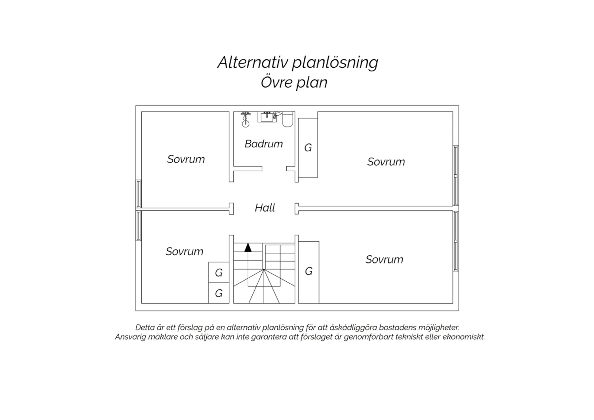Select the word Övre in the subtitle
(x=276, y=82)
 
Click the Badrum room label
(x=264, y=144)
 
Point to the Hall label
(x=265, y=208)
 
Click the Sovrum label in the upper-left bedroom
(x=186, y=159)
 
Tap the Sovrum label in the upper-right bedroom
(x=386, y=162)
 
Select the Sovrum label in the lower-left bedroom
(x=185, y=252)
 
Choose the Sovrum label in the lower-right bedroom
(x=385, y=260)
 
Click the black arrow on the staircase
(x=248, y=248)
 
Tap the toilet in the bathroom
(x=287, y=119)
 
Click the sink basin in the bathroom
(x=267, y=117)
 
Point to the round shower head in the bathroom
(x=246, y=124)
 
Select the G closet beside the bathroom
(x=308, y=148)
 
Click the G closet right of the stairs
(x=308, y=272)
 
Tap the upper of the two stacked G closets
(x=219, y=273)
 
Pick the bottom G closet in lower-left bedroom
(x=219, y=293)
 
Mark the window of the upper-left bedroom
(x=139, y=194)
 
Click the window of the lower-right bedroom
(x=455, y=241)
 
